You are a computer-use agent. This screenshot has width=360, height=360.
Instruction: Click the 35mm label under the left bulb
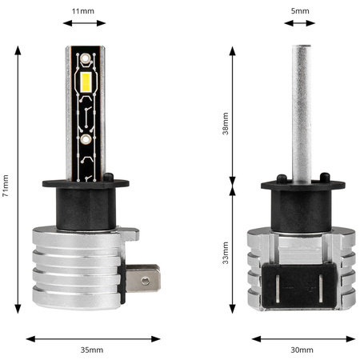pyautogui.click(x=91, y=350)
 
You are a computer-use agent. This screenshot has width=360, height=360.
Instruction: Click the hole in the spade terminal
pyautogui.click(x=144, y=280)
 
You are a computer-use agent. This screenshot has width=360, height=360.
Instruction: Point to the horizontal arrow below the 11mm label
pyautogui.click(x=82, y=23)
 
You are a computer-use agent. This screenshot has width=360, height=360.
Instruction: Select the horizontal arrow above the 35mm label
pyautogui.click(x=91, y=338)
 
